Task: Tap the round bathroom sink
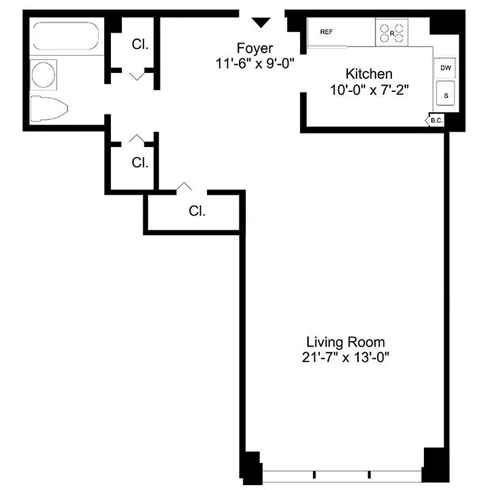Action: (x=43, y=75)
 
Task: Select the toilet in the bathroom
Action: (x=48, y=109)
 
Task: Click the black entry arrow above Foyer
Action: (x=262, y=23)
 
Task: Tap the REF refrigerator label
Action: (x=326, y=31)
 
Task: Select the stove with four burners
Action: (x=392, y=32)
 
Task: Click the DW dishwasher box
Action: (x=446, y=68)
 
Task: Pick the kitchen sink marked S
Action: (x=446, y=94)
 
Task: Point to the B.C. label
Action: (x=436, y=120)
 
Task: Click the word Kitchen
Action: (x=369, y=74)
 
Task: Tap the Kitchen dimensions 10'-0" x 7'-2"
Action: (x=369, y=89)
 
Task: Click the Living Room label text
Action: (x=345, y=342)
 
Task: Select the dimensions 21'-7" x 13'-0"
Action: (x=345, y=358)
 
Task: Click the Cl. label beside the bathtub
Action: (x=140, y=44)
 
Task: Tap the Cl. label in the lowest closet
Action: (x=197, y=211)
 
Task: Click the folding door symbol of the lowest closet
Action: (x=184, y=186)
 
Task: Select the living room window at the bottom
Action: (x=342, y=474)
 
